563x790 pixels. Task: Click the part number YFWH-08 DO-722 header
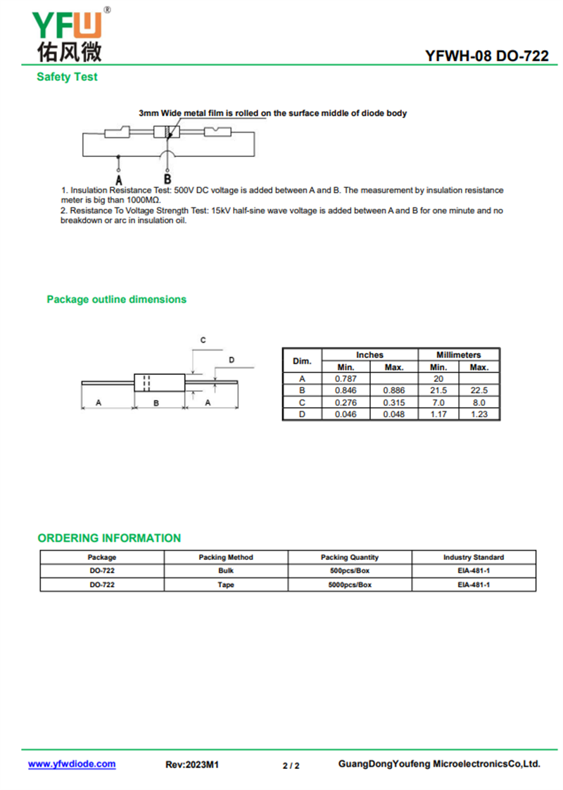click(x=487, y=56)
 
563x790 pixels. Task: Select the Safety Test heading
click(x=67, y=77)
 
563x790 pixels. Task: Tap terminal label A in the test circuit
click(x=118, y=179)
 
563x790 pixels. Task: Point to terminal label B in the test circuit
click(x=167, y=179)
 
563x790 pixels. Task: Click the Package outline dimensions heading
click(x=116, y=299)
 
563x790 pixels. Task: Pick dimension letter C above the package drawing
click(x=203, y=340)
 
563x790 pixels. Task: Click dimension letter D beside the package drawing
click(x=232, y=359)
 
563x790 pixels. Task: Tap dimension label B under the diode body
click(x=156, y=402)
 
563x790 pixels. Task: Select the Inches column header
click(x=369, y=355)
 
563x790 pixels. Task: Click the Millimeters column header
click(x=458, y=355)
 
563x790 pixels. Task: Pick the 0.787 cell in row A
click(x=346, y=378)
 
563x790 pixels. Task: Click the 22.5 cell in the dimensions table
click(x=479, y=390)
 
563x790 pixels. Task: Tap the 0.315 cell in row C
click(x=393, y=402)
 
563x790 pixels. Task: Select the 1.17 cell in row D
click(x=438, y=414)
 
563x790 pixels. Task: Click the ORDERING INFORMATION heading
click(x=109, y=538)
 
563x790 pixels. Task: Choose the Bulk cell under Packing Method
click(x=226, y=571)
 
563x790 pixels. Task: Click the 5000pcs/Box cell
click(x=350, y=585)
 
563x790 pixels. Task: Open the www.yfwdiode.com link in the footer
click(x=72, y=764)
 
